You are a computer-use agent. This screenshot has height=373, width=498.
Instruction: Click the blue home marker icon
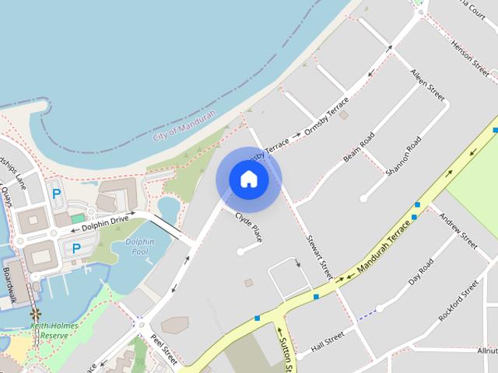tap(248, 180)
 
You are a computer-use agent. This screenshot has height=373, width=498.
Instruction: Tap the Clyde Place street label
tap(248, 227)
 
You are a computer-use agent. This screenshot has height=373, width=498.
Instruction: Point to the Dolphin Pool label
tap(140, 247)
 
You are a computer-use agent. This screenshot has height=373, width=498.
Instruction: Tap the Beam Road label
tap(359, 147)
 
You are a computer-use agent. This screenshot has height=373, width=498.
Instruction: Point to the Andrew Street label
tap(458, 231)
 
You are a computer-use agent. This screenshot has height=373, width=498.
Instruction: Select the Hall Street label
tap(327, 342)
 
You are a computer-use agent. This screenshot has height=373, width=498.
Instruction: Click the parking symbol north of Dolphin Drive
tap(56, 194)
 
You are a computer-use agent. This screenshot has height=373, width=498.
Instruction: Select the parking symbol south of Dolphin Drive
tap(76, 249)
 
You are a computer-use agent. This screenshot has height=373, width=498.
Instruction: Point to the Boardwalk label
tap(9, 284)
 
